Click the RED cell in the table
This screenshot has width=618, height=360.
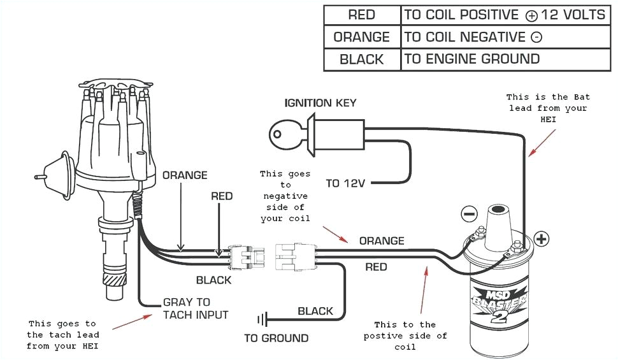(361, 15)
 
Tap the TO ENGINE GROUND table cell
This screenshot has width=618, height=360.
(471, 59)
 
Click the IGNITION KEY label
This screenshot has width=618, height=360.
(320, 103)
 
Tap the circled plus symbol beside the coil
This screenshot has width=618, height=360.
(542, 239)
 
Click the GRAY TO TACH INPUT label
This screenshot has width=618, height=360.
(195, 308)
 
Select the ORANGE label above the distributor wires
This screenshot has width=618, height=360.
(185, 175)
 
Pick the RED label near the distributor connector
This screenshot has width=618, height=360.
(222, 196)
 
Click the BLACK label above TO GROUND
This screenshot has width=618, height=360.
(315, 311)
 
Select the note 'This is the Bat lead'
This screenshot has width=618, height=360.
(548, 108)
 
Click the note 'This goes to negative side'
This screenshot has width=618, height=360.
(285, 196)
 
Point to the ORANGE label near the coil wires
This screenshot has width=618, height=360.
(382, 241)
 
